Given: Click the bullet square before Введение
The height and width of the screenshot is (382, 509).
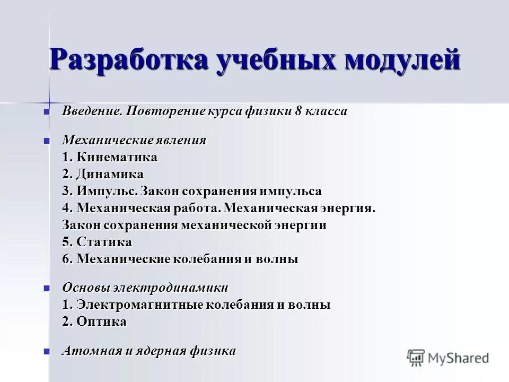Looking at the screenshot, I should (47, 111).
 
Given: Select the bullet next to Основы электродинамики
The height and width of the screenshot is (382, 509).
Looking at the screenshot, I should (47, 288).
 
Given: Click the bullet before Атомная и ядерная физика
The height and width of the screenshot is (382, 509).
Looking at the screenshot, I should (47, 351).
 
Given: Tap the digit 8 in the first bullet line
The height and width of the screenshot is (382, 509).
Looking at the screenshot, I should (299, 111).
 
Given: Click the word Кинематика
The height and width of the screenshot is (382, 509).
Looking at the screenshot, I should (117, 158).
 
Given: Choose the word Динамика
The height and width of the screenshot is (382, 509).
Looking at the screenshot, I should (110, 175).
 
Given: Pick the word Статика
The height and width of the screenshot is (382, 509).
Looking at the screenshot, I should (104, 242).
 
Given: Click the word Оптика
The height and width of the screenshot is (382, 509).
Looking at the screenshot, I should (101, 322).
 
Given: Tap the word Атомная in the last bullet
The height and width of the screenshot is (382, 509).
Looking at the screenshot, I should (87, 351).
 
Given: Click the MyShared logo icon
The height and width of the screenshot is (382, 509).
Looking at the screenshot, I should (416, 358).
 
